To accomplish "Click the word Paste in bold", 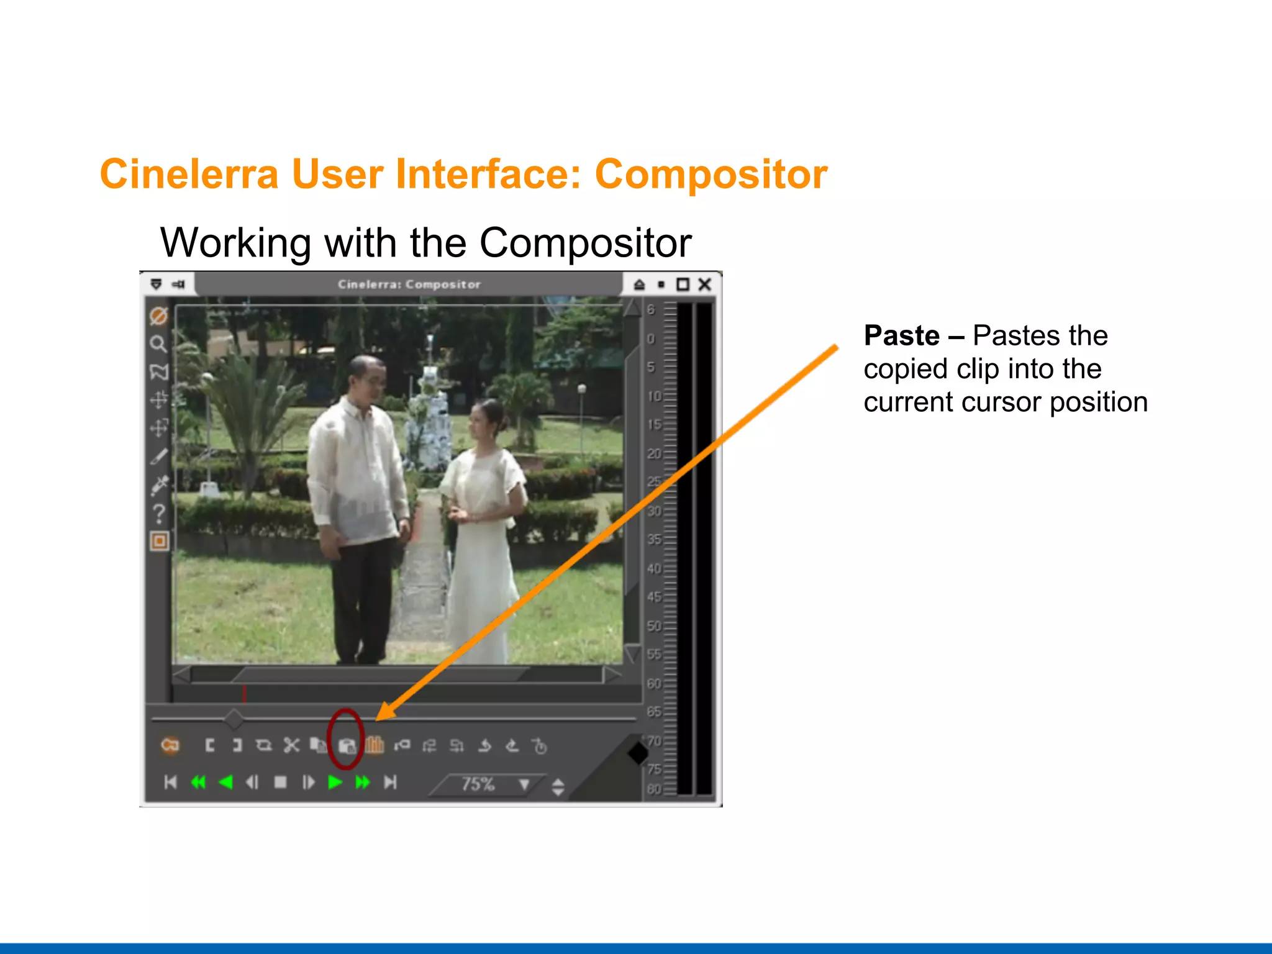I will click(x=901, y=336).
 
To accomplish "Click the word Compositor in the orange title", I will click(x=711, y=174).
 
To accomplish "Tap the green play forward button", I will click(x=335, y=782).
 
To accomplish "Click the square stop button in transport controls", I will click(x=281, y=782).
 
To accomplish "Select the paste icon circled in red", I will click(x=347, y=745).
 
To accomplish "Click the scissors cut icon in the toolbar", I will click(x=291, y=745).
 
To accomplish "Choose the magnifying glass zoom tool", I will click(x=158, y=343).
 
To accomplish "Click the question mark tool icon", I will click(x=159, y=513).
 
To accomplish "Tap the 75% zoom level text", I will click(x=477, y=784).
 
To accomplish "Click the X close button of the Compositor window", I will click(x=704, y=284).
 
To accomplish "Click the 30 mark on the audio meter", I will click(x=654, y=511).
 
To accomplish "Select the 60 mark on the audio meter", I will click(x=654, y=683).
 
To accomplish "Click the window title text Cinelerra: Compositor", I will click(x=409, y=284).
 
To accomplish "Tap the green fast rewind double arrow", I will click(x=198, y=782).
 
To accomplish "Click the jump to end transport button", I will click(x=390, y=782).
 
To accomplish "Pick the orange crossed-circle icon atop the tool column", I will click(x=158, y=316).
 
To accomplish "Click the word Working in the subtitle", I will click(x=235, y=243).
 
